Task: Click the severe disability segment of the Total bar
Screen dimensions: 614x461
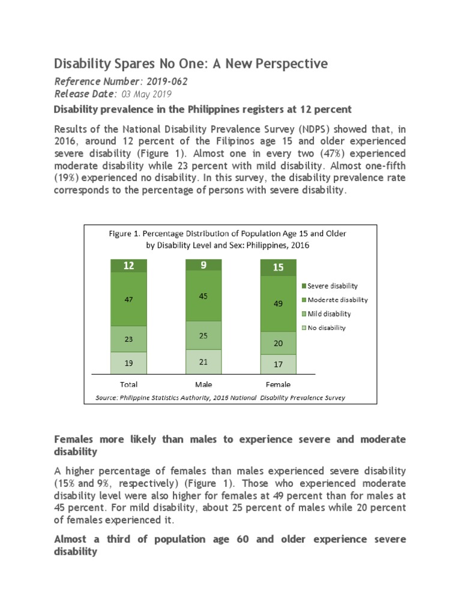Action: [128, 266]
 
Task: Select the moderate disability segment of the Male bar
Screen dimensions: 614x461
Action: [203, 296]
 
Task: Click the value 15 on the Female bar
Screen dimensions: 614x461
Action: [277, 267]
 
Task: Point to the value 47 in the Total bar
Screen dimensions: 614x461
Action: [128, 300]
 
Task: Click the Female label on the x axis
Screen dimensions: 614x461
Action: [277, 384]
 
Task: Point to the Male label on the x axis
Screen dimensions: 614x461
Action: [203, 384]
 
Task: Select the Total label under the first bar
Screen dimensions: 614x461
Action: [128, 384]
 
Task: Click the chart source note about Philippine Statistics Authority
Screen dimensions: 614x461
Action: [220, 397]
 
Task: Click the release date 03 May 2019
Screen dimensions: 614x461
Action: [146, 94]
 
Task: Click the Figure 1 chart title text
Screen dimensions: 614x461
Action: [227, 239]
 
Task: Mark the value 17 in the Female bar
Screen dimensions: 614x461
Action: [277, 363]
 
